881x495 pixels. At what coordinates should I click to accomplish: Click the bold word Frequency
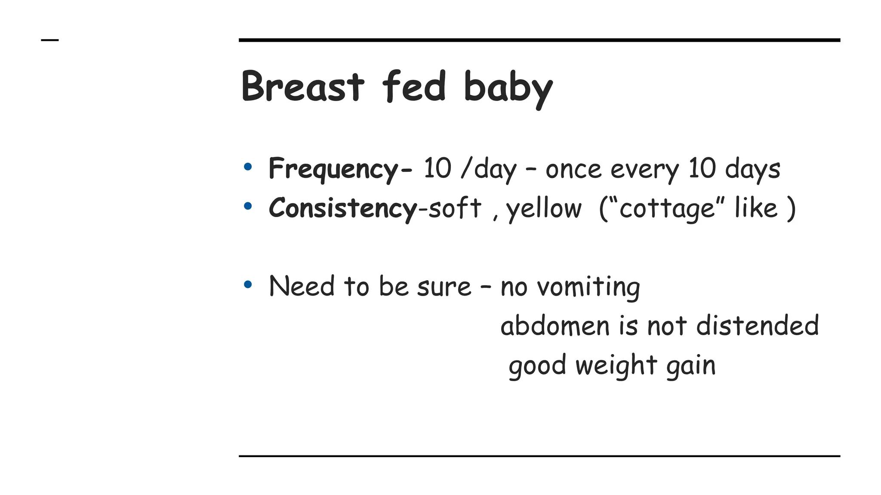point(334,169)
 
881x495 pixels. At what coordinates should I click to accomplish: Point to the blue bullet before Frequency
point(247,167)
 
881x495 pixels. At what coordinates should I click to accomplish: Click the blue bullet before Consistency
point(247,206)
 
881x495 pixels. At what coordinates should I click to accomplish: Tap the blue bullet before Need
point(247,284)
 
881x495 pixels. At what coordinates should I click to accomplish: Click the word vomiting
point(589,287)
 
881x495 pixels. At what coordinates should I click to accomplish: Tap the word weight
point(616,366)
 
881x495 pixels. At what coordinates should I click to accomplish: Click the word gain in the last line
point(691,366)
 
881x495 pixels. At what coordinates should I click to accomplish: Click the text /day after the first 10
point(488,169)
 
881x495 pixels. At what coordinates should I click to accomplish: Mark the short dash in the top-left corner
point(49,40)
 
